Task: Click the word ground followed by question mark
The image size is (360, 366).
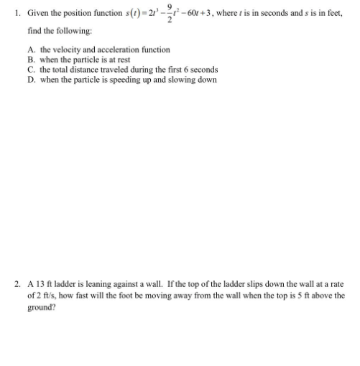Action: [x=40, y=306]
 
